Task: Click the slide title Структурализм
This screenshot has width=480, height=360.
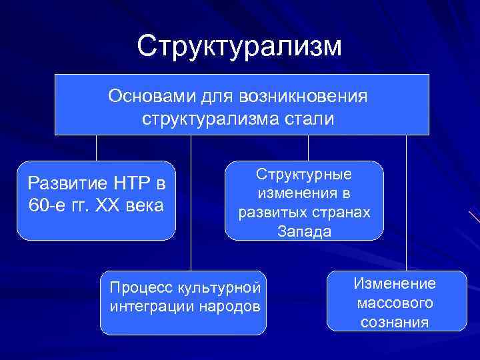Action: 239,46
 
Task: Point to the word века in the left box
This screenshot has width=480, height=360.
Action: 145,205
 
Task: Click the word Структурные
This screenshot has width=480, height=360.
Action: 304,174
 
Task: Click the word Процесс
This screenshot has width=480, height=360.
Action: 137,287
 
